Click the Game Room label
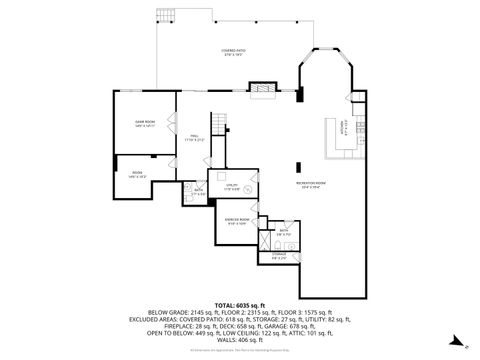[x=144, y=123]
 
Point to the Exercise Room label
[x=237, y=221]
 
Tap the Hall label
[x=194, y=139]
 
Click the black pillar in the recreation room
[x=298, y=168]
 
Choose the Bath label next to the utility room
[x=199, y=190]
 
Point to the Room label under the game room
[x=136, y=175]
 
